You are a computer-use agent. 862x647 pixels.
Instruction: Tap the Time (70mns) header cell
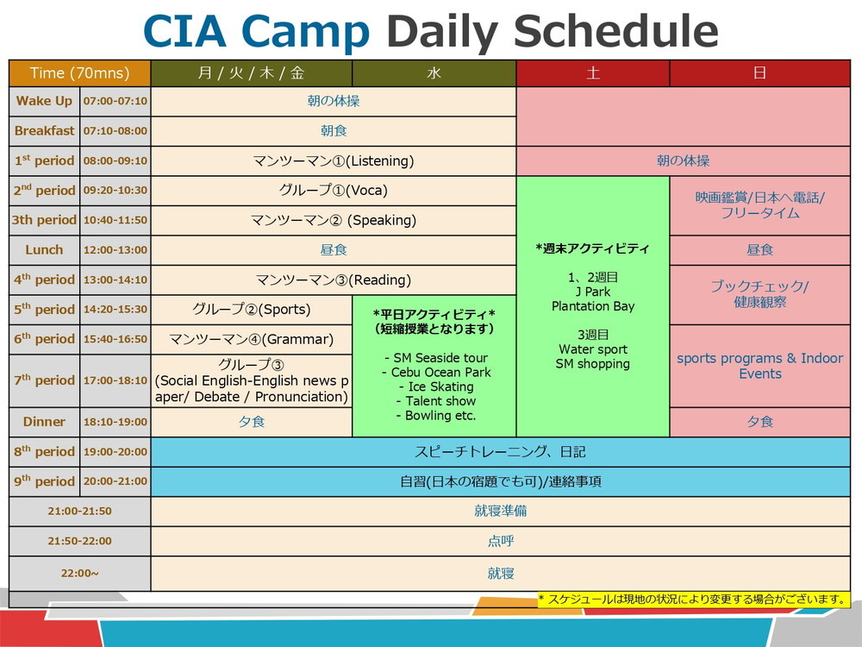pos(79,73)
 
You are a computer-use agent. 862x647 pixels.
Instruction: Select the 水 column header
pos(434,73)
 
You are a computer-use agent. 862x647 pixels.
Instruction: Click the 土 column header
pos(593,73)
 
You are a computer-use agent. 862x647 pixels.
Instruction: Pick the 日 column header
pos(759,73)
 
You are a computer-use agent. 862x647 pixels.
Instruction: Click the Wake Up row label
pos(44,101)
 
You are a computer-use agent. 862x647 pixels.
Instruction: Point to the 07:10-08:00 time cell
pos(115,131)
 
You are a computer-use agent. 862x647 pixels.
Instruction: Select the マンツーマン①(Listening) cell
pos(334,160)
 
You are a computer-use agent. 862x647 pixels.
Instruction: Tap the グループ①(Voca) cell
pos(334,190)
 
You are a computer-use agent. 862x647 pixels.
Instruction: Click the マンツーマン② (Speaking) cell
pos(334,220)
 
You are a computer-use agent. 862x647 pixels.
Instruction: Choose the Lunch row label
pos(44,250)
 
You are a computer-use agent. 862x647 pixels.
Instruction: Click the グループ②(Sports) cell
pos(251,309)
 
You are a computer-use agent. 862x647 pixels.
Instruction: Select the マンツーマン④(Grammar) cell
pos(251,339)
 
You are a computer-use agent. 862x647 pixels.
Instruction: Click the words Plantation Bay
pos(593,306)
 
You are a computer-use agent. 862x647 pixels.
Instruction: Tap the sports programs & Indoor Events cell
pos(759,366)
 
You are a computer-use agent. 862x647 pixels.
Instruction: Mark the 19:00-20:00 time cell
pos(115,451)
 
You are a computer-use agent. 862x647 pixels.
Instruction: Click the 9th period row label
pos(44,481)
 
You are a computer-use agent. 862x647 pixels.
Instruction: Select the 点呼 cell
pos(500,541)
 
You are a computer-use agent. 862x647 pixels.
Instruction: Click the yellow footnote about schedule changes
pos(692,600)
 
